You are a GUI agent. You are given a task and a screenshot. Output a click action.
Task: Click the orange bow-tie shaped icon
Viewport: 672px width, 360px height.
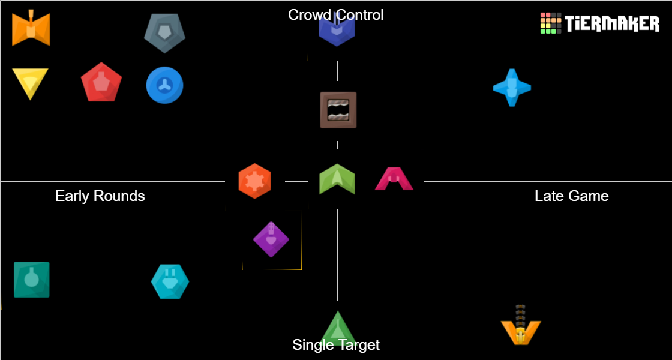tap(31, 28)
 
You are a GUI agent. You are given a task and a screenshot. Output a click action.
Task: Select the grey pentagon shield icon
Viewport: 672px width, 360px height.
tap(164, 32)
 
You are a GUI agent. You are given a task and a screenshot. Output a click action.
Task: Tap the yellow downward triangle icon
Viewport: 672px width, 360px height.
tap(30, 83)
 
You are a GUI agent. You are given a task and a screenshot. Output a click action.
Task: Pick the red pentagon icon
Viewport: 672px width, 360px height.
tap(101, 82)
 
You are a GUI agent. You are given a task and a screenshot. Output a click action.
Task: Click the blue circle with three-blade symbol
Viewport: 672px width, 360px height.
tap(164, 85)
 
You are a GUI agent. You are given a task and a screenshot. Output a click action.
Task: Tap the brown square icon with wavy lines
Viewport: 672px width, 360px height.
tap(338, 110)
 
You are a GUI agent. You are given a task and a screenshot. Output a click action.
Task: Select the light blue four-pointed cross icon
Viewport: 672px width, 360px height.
tap(512, 88)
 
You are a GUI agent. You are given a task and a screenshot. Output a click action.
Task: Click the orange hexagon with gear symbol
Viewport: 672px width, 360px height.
tap(254, 181)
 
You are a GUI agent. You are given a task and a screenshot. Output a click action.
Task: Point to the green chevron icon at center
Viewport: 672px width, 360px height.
tap(337, 179)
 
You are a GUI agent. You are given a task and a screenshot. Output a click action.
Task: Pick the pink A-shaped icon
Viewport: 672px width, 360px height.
tap(394, 179)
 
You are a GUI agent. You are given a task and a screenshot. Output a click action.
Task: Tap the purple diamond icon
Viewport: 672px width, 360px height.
tap(271, 239)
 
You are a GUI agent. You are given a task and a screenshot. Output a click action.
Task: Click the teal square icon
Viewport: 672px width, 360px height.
tap(32, 280)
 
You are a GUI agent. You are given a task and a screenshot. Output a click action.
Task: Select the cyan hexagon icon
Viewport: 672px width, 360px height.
tap(170, 281)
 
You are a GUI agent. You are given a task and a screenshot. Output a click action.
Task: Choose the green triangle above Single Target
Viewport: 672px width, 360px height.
tap(338, 327)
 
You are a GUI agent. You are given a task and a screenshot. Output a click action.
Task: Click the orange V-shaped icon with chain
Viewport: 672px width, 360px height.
tap(521, 327)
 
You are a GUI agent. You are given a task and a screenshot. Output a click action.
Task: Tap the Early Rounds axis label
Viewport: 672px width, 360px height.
tap(100, 196)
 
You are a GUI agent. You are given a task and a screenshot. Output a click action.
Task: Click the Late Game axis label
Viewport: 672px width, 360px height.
tap(571, 196)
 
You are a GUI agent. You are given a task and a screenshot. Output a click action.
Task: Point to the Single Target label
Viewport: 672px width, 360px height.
tap(336, 345)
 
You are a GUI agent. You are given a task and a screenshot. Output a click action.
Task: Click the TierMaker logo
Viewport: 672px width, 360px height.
tap(599, 23)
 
